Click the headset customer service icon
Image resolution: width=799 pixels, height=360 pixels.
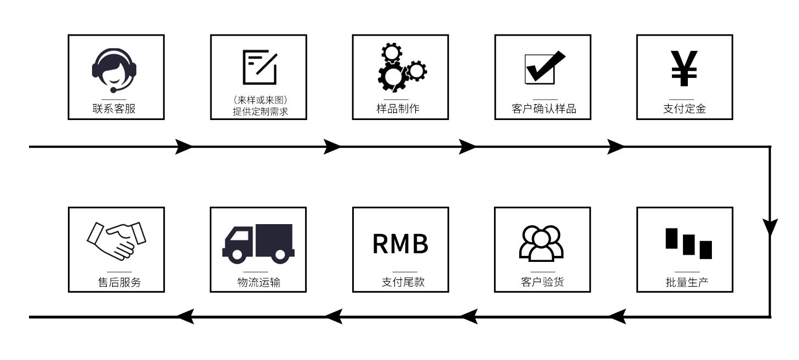pyautogui.click(x=114, y=70)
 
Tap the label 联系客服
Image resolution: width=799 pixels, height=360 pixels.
pyautogui.click(x=114, y=108)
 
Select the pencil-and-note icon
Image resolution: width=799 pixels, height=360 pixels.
pyautogui.click(x=260, y=67)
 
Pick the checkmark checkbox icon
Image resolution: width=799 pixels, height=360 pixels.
pyautogui.click(x=544, y=67)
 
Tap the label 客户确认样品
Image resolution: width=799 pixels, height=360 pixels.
pyautogui.click(x=544, y=108)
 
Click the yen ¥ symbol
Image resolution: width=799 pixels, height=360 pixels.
pyautogui.click(x=684, y=68)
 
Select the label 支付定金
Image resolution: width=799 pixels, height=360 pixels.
pyautogui.click(x=685, y=108)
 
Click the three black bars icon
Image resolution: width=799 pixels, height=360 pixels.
pyautogui.click(x=688, y=243)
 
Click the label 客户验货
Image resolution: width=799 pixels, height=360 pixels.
pyautogui.click(x=542, y=282)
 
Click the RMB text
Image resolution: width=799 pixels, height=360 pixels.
pyautogui.click(x=400, y=244)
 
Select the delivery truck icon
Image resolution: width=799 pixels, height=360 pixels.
pyautogui.click(x=258, y=242)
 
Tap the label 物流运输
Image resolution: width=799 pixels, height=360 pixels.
pyautogui.click(x=258, y=282)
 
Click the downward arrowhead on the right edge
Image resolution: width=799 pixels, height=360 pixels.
pyautogui.click(x=770, y=227)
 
